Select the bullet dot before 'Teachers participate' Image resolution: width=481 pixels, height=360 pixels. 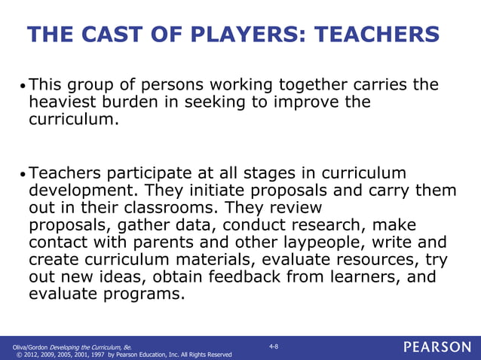tap(22, 174)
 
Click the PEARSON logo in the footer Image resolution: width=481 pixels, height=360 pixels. tap(437, 347)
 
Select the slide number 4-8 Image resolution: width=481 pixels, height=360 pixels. tap(274, 346)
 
